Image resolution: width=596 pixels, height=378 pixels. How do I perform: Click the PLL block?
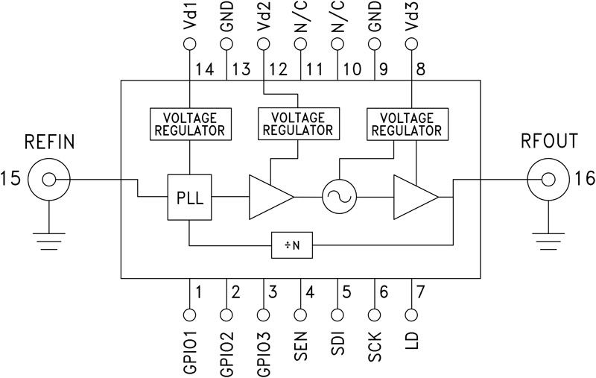(190, 198)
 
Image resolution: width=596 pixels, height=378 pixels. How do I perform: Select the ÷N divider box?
(291, 244)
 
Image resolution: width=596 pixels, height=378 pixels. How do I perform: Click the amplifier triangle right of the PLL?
(268, 198)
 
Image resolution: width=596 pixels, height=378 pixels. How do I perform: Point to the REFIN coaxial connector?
(50, 179)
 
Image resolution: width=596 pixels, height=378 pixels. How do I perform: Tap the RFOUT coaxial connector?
(548, 179)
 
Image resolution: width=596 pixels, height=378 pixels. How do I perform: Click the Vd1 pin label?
(190, 19)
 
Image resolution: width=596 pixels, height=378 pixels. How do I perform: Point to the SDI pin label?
(339, 344)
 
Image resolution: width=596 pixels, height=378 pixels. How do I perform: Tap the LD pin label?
(413, 341)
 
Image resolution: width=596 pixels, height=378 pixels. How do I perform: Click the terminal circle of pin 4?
(302, 315)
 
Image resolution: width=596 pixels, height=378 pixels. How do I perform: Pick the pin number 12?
(278, 70)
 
